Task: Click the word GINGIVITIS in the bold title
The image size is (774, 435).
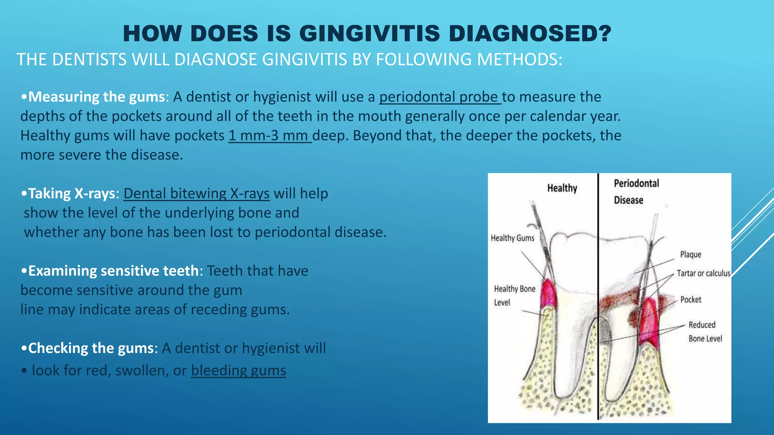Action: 370,33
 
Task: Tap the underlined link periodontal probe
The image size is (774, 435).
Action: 440,97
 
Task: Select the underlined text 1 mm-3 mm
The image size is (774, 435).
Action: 269,136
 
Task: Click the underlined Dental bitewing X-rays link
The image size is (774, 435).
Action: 197,194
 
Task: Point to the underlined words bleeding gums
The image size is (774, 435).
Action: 238,370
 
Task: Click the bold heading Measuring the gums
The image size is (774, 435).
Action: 97,97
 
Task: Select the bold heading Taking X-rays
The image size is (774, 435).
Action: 72,194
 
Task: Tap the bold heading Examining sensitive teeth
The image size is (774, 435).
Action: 113,271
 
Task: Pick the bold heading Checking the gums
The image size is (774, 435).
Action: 91,348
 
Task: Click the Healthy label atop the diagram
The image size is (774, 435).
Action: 562,188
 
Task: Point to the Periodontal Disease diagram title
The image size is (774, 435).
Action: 636,191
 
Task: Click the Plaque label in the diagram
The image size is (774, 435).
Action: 690,255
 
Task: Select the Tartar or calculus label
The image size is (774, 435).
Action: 703,273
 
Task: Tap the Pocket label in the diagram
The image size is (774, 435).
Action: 690,299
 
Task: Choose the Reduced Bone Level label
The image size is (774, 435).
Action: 704,332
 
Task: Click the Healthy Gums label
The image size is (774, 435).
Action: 512,238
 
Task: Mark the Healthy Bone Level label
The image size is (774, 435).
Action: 514,295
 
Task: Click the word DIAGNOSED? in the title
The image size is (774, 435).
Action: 530,33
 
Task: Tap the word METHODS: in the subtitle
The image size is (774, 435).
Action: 519,60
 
